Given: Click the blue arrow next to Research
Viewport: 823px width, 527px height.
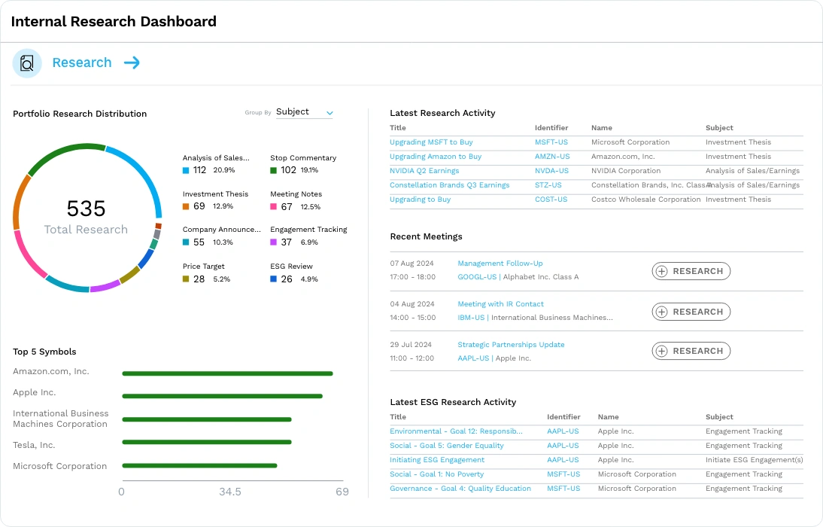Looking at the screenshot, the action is pos(132,63).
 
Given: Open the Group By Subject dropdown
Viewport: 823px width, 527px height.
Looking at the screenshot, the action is pos(305,112).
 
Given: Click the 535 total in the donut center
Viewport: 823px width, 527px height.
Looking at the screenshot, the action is pos(86,209).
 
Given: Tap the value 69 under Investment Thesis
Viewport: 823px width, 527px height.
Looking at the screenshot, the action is pos(199,206).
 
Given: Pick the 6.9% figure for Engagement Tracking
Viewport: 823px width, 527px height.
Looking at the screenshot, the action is pos(309,242).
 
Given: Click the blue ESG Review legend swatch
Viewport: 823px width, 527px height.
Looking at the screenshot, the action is pos(274,279).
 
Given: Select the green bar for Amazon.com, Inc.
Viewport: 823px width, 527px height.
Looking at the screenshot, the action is pos(227,373).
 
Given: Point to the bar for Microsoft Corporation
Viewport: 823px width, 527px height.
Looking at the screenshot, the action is pos(199,465).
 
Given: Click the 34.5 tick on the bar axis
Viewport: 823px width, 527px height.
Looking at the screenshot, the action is pos(230,492).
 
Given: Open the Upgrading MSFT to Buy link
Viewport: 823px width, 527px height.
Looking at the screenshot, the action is pos(431,142).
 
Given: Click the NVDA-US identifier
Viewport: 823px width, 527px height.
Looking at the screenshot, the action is pos(551,171).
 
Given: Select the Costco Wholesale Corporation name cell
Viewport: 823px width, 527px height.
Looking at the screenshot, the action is pos(645,200).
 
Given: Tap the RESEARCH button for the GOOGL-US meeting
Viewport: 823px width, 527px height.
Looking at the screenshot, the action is pos(691,271).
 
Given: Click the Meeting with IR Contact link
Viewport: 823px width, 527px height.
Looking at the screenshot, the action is pos(500,304).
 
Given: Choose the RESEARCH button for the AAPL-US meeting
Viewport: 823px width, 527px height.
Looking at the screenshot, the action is pos(691,351).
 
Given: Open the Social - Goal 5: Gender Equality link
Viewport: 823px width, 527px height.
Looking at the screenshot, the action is pos(447,446).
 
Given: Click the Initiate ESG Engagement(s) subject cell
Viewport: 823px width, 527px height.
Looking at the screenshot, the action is pos(755,460).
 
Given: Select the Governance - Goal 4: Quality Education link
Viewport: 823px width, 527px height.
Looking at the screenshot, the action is pos(460,489).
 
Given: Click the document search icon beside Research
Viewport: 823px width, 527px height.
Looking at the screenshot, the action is pos(27,63).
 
